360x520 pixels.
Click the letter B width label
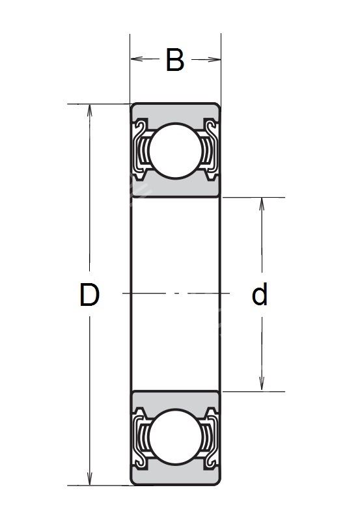175,60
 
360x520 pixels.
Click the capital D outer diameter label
90,294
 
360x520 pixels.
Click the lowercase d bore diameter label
260,294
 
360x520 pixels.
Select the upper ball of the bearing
176,150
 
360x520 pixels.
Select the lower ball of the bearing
176,437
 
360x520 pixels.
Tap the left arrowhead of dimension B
137,59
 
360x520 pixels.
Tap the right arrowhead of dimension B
214,59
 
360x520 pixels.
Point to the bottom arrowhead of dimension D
90,479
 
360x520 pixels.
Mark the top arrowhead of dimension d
262,204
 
